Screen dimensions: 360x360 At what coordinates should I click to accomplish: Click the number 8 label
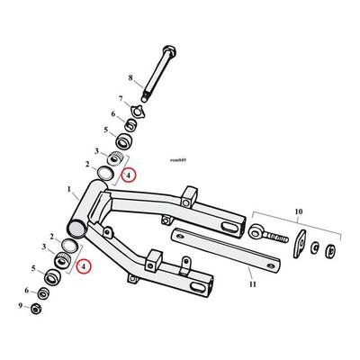click(x=130, y=78)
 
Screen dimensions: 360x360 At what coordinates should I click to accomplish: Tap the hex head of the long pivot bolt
click(x=168, y=51)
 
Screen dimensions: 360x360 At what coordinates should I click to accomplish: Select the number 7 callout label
click(x=121, y=98)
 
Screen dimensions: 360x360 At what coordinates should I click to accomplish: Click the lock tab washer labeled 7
click(x=137, y=110)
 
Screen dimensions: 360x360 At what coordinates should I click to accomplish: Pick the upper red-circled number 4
click(x=128, y=175)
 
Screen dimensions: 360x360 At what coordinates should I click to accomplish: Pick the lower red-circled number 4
click(x=84, y=266)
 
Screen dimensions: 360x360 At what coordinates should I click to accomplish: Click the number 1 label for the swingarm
click(x=69, y=190)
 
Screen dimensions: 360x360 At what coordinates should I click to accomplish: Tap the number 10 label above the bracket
click(x=299, y=211)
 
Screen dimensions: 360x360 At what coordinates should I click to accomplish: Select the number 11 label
click(x=253, y=283)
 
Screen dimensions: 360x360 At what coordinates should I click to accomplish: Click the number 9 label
click(x=21, y=306)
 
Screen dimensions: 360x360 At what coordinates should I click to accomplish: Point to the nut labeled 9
click(x=36, y=309)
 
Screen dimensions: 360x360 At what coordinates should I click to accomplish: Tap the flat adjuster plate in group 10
click(x=300, y=244)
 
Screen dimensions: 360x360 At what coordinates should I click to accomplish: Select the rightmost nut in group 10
click(x=330, y=251)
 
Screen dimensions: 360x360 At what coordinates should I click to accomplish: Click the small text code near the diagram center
click(x=178, y=160)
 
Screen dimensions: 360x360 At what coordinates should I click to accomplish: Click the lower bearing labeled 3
click(x=62, y=259)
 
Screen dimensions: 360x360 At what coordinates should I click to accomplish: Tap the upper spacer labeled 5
click(x=124, y=141)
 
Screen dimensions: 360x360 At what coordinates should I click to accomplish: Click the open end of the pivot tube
click(x=76, y=229)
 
